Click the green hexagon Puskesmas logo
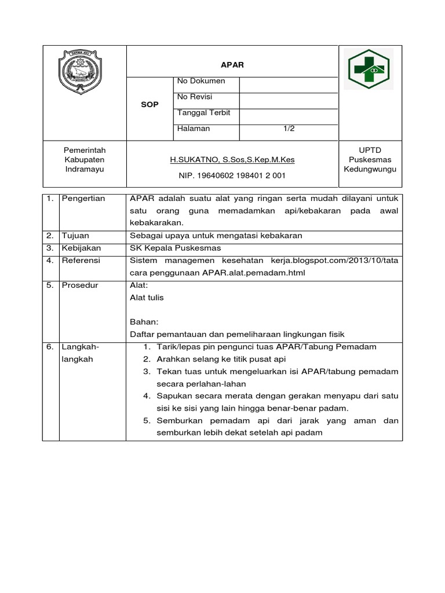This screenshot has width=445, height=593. [x=369, y=69]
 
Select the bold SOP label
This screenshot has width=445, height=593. [x=150, y=104]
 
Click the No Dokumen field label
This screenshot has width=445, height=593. [x=201, y=81]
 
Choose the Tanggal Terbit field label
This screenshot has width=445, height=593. [x=204, y=113]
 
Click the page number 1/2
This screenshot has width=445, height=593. [x=289, y=129]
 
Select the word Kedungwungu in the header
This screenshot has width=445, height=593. [x=370, y=170]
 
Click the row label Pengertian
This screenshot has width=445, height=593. [x=83, y=199]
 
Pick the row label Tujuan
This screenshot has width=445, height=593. [x=75, y=235]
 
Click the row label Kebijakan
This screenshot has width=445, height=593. [x=81, y=248]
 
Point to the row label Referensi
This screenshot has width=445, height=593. [x=81, y=261]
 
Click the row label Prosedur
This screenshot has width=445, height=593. [x=79, y=285]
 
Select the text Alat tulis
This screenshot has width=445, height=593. [x=147, y=298]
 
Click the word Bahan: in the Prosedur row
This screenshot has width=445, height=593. [x=144, y=322]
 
